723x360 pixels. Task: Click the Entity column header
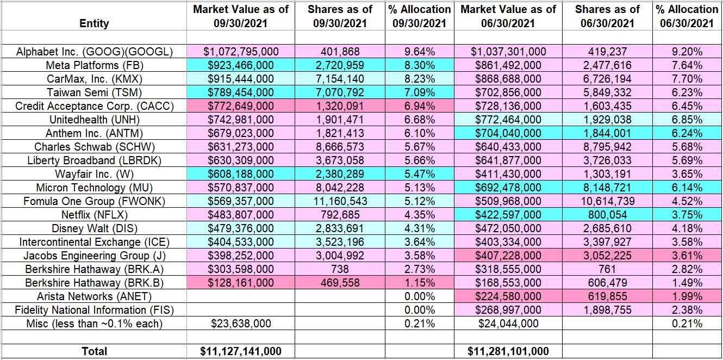pos(94,23)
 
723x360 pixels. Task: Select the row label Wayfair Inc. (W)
pos(94,174)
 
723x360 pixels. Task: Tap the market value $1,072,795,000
pos(241,52)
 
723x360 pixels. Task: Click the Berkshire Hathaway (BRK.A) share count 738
pos(340,269)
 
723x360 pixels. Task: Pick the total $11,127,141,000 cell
pos(241,352)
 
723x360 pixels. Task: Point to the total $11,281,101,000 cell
pos(508,352)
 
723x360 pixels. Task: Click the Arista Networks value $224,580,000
pos(508,296)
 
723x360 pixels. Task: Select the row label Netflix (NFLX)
pos(94,215)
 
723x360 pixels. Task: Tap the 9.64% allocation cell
pos(419,52)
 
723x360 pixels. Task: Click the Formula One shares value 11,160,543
pos(340,201)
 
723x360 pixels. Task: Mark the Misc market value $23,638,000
pos(241,324)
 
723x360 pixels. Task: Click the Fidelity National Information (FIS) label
pos(94,310)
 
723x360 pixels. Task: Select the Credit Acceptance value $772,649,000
pos(241,106)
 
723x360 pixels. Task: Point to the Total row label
pos(94,352)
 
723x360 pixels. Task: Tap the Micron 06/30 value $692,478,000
pos(508,188)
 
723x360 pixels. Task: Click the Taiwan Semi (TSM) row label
pos(94,92)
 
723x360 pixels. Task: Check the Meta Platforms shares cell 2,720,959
pos(340,65)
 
